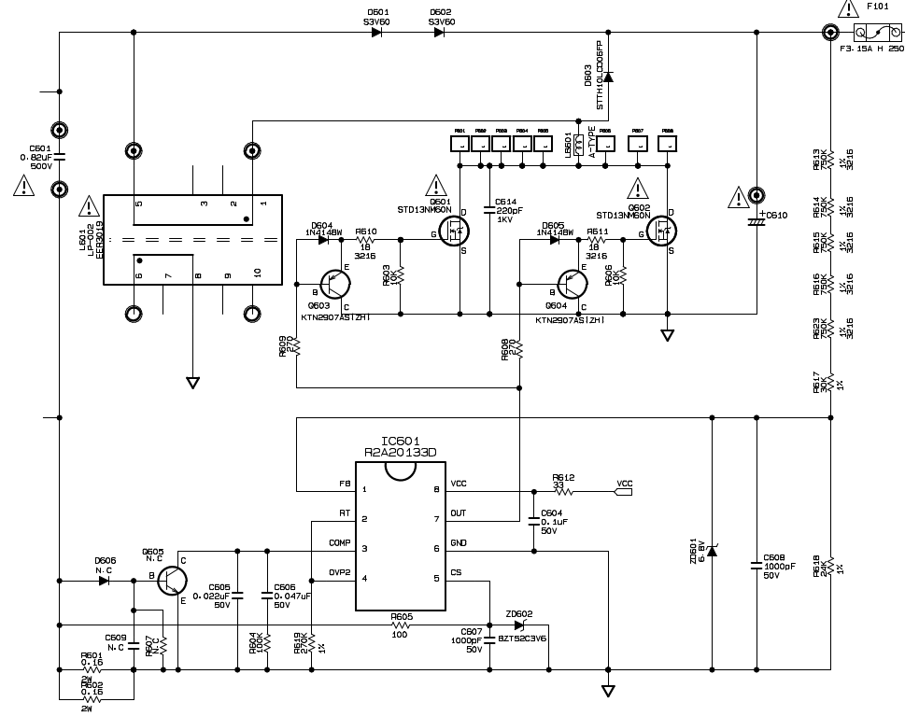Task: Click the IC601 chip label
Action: (x=401, y=440)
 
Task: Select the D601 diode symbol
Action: (x=376, y=33)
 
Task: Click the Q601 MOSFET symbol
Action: (x=457, y=234)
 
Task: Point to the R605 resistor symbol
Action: (x=402, y=624)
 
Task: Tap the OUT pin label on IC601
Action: (x=459, y=512)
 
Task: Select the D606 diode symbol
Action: (x=104, y=580)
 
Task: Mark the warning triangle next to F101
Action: (x=848, y=10)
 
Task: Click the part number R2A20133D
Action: (x=401, y=453)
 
